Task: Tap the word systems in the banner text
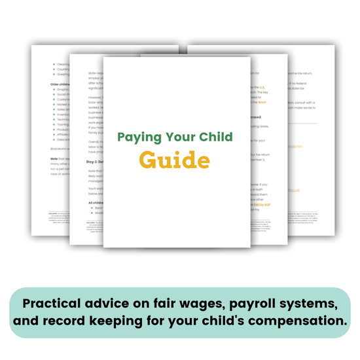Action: click(321, 304)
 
